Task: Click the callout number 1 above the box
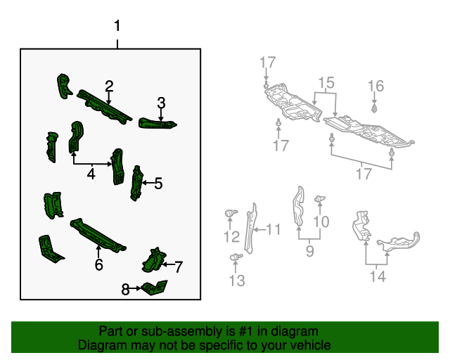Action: pyautogui.click(x=117, y=27)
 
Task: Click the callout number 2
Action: pyautogui.click(x=110, y=86)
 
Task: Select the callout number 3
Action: pyautogui.click(x=161, y=103)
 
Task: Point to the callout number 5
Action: pyautogui.click(x=158, y=184)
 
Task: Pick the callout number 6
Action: pyautogui.click(x=98, y=264)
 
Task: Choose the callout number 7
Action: pyautogui.click(x=179, y=266)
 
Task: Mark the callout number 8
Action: pyautogui.click(x=126, y=288)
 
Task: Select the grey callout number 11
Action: pyautogui.click(x=274, y=229)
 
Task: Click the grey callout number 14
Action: pyautogui.click(x=378, y=277)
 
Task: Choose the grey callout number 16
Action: pyautogui.click(x=376, y=86)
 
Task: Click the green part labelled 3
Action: pyautogui.click(x=158, y=124)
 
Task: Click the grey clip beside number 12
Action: pyautogui.click(x=230, y=212)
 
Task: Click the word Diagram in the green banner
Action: pyautogui.click(x=99, y=345)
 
